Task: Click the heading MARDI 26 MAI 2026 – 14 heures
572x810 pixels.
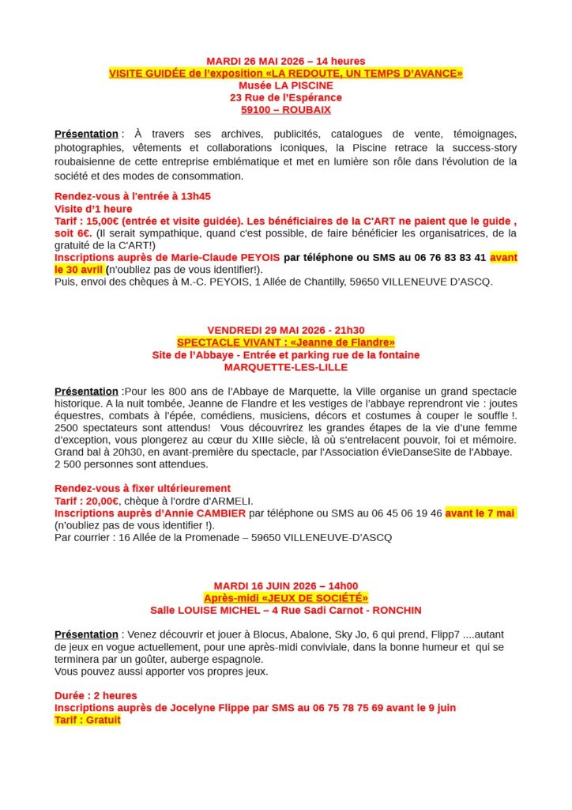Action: [x=285, y=61]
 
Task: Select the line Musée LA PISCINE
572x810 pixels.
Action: [x=285, y=85]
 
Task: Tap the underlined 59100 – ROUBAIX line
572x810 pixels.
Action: [x=285, y=110]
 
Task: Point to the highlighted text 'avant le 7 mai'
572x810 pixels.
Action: [x=480, y=513]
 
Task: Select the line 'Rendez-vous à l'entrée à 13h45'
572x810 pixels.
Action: [x=132, y=196]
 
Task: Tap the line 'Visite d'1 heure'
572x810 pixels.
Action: [x=93, y=209]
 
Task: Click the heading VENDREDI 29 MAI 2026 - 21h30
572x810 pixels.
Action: [x=285, y=330]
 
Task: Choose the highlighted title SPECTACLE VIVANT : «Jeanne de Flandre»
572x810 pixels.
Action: [x=285, y=343]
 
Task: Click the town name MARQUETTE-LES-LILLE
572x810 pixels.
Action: [x=285, y=367]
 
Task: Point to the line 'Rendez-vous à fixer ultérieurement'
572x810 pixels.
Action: [x=142, y=488]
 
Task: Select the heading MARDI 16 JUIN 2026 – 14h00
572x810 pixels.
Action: [x=285, y=585]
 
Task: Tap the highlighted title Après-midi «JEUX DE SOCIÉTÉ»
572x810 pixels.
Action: [x=285, y=598]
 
